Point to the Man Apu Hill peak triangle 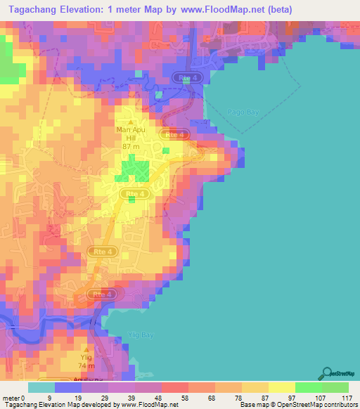click(x=130, y=122)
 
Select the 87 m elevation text click(x=130, y=146)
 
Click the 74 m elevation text click(x=86, y=367)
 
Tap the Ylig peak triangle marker click(x=86, y=349)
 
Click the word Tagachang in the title click(x=33, y=9)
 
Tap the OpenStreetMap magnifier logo click(x=328, y=373)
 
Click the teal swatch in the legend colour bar click(x=41, y=387)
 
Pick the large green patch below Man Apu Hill click(x=134, y=170)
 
